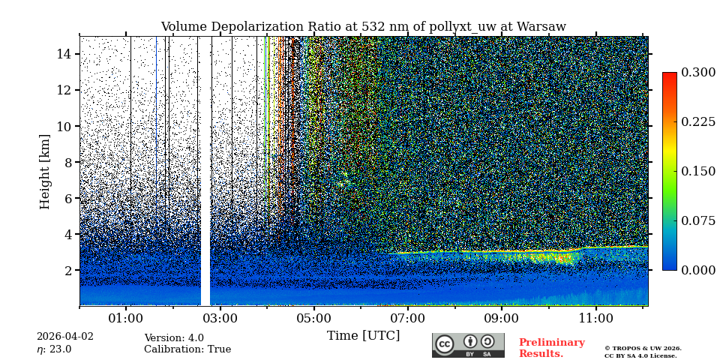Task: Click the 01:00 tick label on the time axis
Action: coord(126,318)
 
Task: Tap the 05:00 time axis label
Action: coord(313,318)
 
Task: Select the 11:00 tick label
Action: coord(595,318)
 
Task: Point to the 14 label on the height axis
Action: coord(64,54)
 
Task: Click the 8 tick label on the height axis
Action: coord(67,162)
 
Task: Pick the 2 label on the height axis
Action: coord(67,270)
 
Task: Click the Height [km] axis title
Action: coord(45,171)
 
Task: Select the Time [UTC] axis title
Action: coord(363,336)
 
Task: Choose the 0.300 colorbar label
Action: coord(698,73)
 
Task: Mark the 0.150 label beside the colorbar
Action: coord(698,171)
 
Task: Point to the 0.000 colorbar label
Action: coord(698,270)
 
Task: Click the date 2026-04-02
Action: coord(65,337)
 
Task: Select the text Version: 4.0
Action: coord(174,338)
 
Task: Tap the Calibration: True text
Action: coord(187,349)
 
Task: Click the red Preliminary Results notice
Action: coord(551,348)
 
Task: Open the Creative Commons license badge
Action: coord(468,345)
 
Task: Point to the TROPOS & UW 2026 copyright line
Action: coord(643,349)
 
